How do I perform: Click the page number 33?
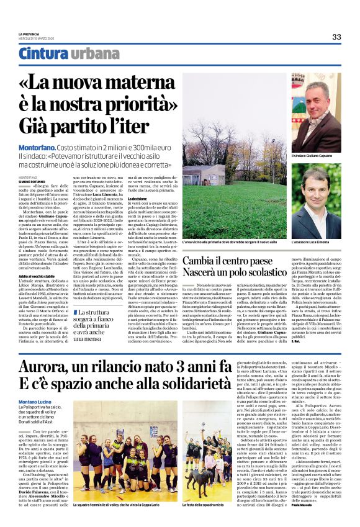[x=336, y=37]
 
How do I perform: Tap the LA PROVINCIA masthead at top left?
[x=29, y=34]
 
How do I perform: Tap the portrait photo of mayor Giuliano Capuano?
[x=316, y=112]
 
